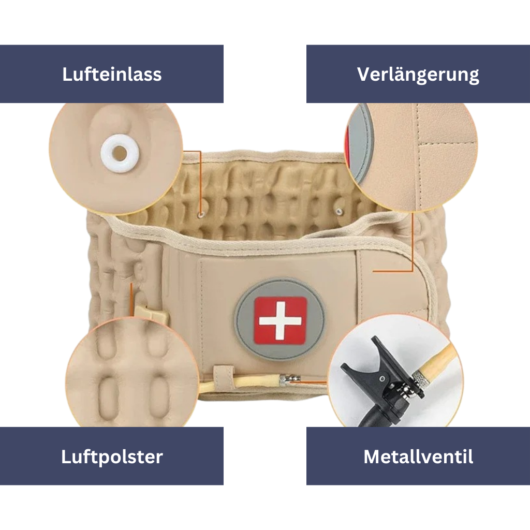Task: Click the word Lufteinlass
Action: point(112,74)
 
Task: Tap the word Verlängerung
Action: point(418,74)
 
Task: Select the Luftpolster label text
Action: point(112,457)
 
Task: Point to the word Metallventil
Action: point(418,457)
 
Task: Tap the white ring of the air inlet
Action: point(120,152)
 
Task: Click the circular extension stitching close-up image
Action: point(414,155)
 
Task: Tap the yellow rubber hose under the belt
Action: point(254,382)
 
